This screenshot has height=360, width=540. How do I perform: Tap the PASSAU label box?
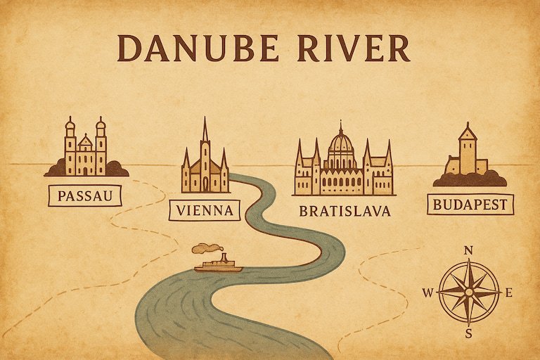click(84, 195)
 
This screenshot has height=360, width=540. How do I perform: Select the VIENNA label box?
click(205, 210)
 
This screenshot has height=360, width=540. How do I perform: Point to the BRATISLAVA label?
click(345, 211)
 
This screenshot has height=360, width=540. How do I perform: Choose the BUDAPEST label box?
click(470, 205)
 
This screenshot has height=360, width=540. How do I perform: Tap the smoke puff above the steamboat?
click(205, 248)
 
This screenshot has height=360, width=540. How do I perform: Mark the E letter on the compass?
click(509, 292)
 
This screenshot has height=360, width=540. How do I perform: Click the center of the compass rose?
click(469, 292)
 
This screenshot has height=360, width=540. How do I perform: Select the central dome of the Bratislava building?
click(341, 144)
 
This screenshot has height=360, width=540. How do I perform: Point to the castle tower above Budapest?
click(468, 151)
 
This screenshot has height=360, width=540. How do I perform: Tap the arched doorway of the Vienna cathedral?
click(205, 184)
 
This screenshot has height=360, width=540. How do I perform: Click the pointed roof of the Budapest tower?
click(468, 131)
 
